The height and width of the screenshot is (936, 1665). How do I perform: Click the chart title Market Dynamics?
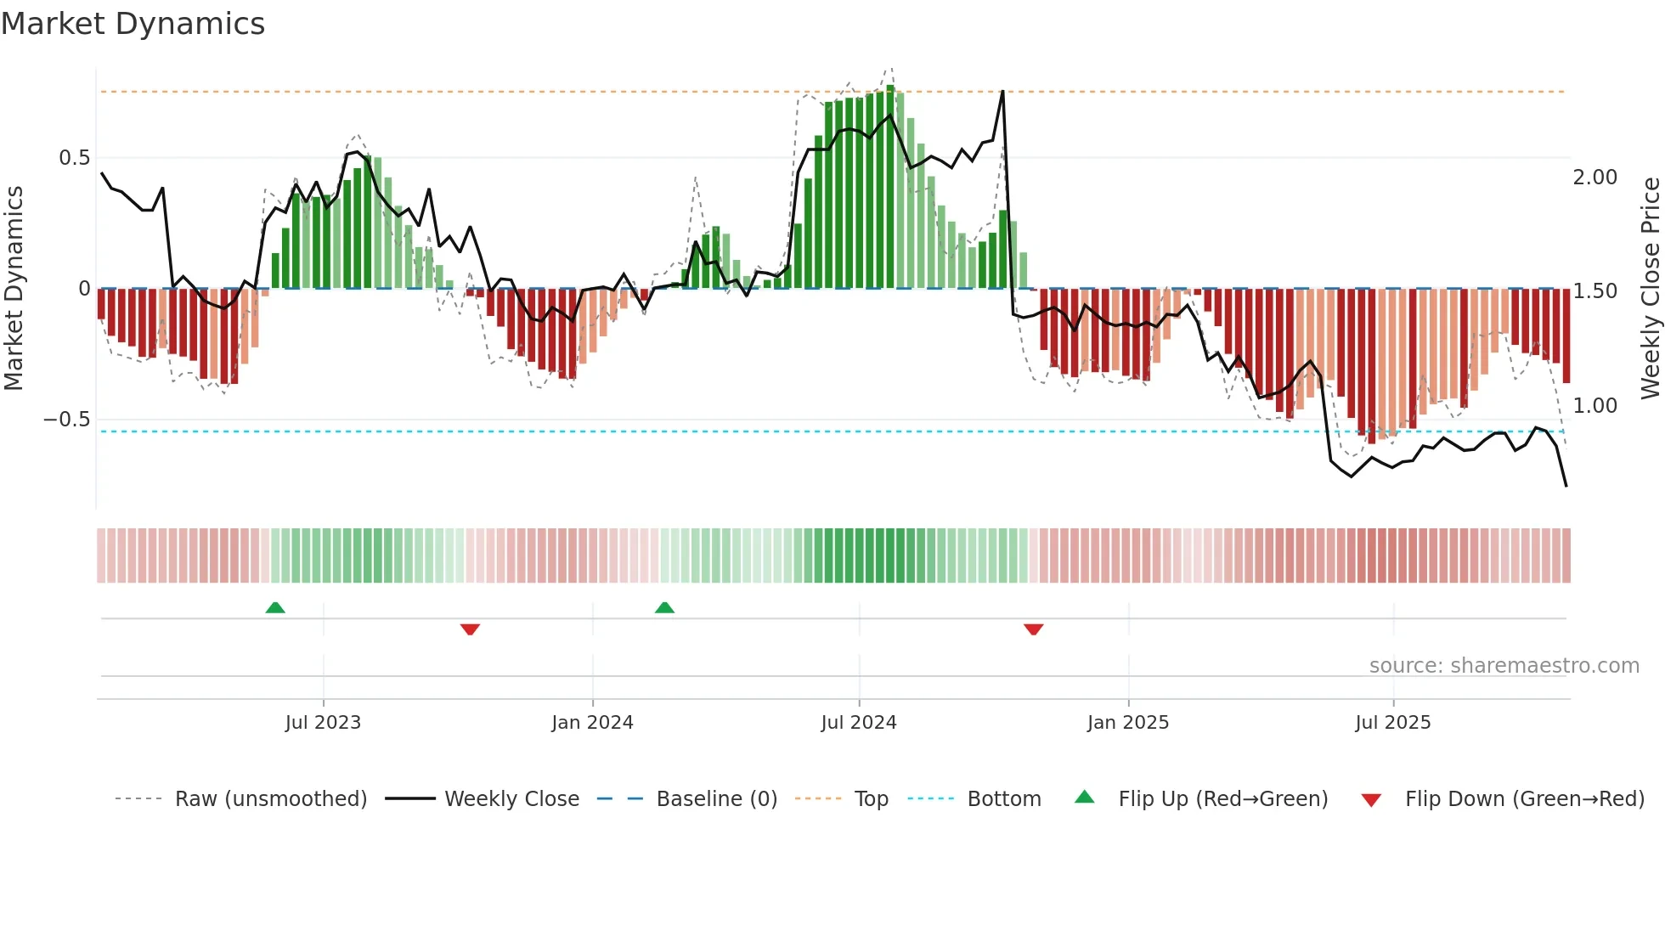(133, 24)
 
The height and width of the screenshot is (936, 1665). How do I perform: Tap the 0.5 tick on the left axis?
(74, 158)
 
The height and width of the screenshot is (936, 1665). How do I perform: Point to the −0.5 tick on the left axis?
(66, 420)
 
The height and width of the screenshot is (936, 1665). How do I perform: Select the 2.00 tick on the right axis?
(1594, 178)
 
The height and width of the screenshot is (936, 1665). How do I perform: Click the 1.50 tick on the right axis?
(1594, 291)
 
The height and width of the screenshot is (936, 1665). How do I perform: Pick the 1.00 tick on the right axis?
(1594, 406)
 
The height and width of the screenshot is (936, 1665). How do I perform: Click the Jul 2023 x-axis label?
(323, 723)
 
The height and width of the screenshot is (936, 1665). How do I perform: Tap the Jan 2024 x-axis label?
(592, 723)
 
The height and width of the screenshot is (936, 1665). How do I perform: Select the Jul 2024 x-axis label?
(859, 723)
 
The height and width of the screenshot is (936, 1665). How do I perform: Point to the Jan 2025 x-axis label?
(1128, 723)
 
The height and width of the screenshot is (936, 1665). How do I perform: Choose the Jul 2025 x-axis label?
(1393, 723)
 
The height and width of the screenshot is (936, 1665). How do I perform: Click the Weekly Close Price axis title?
(1650, 289)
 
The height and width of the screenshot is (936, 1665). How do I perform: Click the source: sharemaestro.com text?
(1504, 666)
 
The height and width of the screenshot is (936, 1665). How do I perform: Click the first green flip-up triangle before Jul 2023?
(275, 608)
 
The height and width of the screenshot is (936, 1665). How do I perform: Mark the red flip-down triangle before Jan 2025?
(1033, 629)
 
